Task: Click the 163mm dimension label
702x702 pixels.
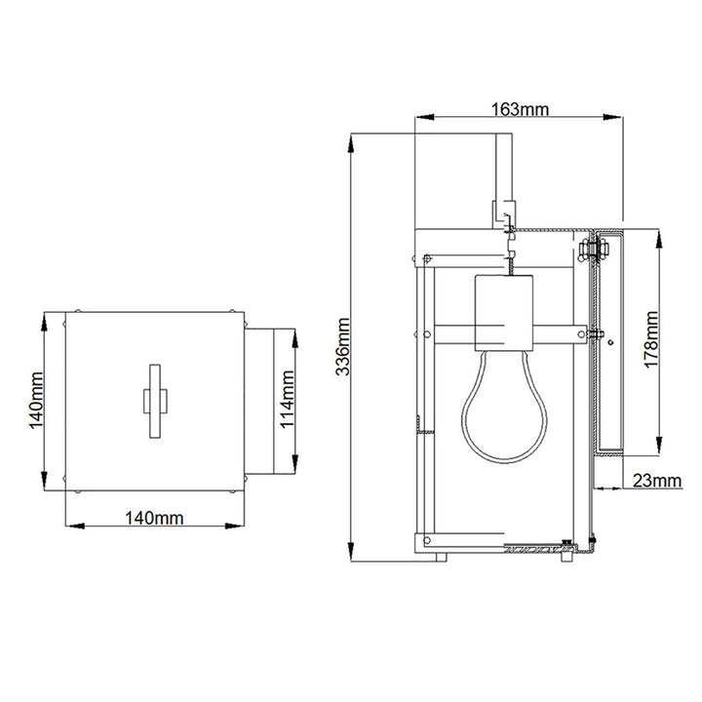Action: pos(518,108)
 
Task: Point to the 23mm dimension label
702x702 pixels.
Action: pos(656,480)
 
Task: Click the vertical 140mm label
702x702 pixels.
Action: pos(36,402)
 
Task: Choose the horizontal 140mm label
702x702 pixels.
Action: pos(154,519)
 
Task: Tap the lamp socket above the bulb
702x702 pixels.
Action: pos(504,314)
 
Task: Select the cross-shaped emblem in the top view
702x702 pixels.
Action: pos(153,402)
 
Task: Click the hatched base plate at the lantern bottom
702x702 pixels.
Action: pos(534,551)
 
